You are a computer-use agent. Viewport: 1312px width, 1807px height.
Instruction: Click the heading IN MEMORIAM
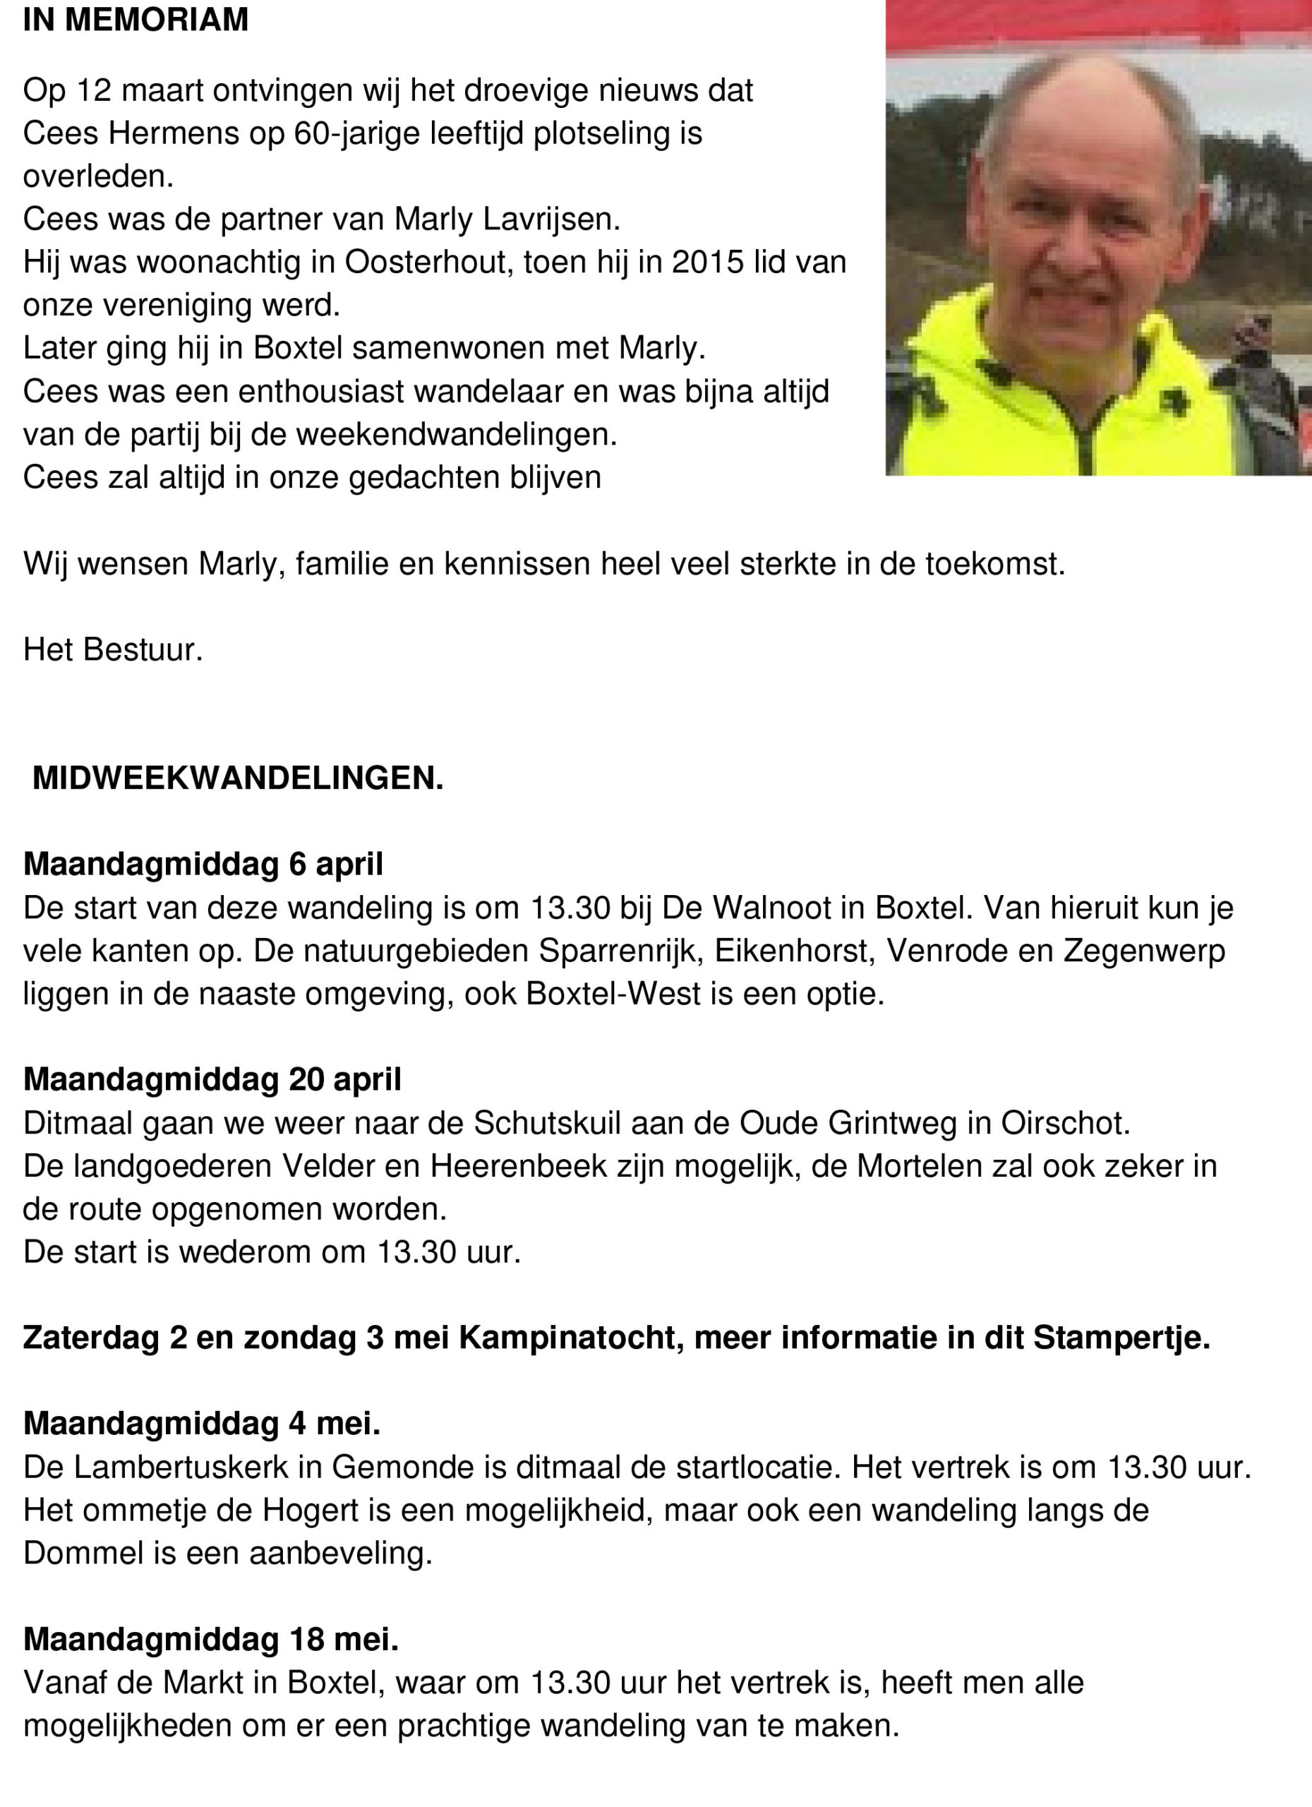136,20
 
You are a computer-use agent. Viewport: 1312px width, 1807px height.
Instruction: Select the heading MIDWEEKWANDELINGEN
237,779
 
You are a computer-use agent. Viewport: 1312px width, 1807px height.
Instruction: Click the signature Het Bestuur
112,649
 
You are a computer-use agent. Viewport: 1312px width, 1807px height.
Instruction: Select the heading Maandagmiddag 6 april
203,864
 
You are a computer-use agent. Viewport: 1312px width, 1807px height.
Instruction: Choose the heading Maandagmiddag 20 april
212,1079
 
